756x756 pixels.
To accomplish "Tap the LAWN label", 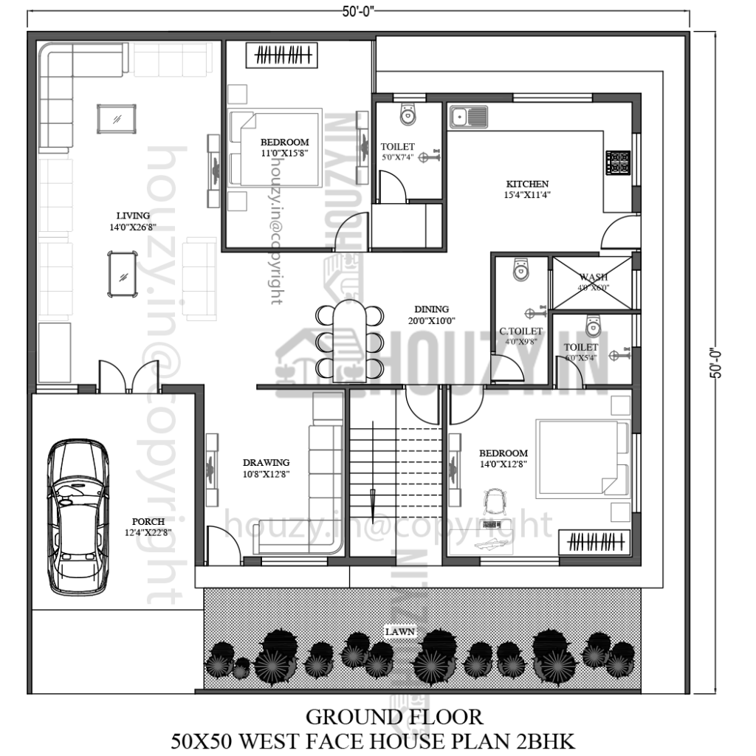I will tap(399, 632).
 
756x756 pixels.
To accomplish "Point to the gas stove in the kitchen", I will tap(618, 162).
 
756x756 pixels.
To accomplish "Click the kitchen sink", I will tap(468, 117).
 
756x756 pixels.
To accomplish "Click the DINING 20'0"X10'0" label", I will tap(430, 315).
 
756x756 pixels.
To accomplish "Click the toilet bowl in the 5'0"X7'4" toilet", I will tap(407, 114).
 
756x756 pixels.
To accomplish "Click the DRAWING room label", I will tap(266, 468).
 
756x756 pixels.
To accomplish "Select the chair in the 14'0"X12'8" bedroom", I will tap(493, 504).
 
